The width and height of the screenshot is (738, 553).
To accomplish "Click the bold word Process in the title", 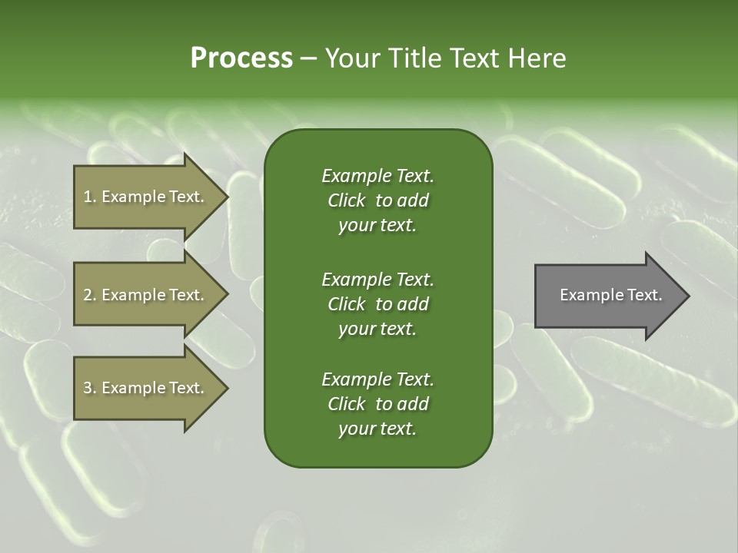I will [241, 58].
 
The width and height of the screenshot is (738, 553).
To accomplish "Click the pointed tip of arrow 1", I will [226, 197].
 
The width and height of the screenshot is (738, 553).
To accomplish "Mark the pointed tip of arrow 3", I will [226, 388].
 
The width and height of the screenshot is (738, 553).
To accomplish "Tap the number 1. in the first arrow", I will [89, 197].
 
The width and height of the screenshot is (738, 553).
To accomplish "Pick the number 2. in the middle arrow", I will [89, 295].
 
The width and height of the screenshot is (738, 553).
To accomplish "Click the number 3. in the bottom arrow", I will [89, 388].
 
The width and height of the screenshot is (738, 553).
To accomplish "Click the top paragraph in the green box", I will [377, 200].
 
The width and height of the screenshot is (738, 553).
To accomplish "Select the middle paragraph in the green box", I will [377, 303].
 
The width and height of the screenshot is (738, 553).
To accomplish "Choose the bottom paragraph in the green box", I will [377, 404].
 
